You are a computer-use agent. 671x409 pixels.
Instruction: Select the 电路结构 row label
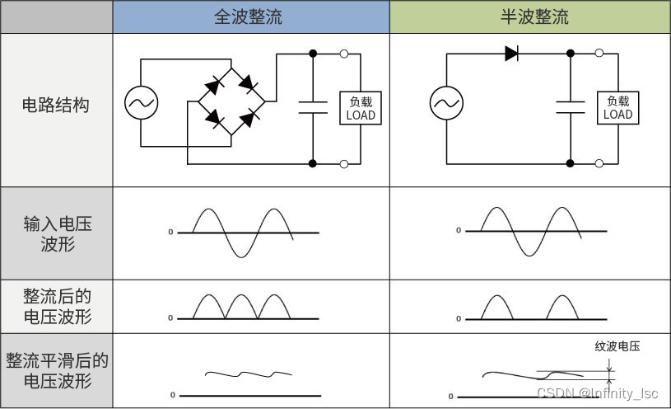tap(56, 106)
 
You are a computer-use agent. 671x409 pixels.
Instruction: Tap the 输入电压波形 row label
tap(56, 233)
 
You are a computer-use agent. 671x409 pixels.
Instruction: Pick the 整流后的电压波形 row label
tap(56, 306)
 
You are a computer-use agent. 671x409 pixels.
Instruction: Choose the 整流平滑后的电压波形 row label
tap(56, 371)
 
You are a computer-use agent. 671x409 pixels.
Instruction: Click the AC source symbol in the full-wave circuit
tap(142, 103)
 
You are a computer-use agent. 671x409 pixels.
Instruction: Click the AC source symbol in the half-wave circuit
tap(446, 103)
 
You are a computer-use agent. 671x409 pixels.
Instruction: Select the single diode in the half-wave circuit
tap(511, 54)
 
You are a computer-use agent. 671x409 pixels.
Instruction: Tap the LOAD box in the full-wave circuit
tap(360, 108)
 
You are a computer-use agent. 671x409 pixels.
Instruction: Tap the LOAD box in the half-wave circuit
tap(617, 107)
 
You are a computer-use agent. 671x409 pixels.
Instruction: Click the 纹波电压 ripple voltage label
tap(617, 346)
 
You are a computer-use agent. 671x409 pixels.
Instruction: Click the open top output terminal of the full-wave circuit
tap(344, 54)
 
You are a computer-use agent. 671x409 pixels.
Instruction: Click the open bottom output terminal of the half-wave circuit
tap(599, 162)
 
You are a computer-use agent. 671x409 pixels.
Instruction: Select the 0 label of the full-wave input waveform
tap(170, 233)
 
